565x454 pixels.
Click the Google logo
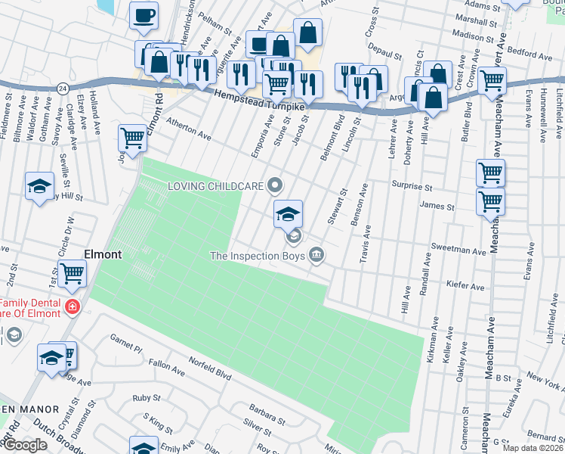tap(24, 445)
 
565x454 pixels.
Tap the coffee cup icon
tap(144, 14)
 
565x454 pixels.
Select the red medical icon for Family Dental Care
tap(72, 306)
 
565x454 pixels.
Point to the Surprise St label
tap(411, 186)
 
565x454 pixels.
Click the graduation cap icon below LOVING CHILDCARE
tap(288, 214)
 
